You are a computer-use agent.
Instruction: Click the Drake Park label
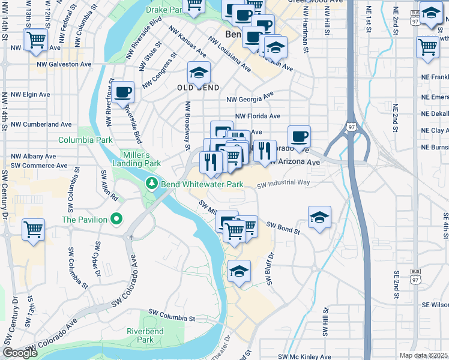click(164, 10)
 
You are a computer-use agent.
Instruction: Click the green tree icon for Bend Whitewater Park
click(153, 184)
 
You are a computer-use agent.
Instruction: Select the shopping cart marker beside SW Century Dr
click(34, 230)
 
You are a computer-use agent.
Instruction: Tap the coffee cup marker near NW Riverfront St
click(123, 93)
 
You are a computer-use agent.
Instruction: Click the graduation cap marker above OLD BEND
click(199, 74)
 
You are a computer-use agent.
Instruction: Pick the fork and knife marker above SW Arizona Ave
click(265, 151)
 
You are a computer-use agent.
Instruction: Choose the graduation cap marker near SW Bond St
click(320, 218)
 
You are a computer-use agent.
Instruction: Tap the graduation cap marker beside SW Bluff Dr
click(239, 272)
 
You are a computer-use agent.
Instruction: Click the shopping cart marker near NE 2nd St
click(427, 47)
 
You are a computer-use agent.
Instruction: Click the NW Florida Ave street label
click(258, 116)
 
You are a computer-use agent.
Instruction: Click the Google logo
click(20, 353)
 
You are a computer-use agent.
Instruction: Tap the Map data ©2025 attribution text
click(423, 355)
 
